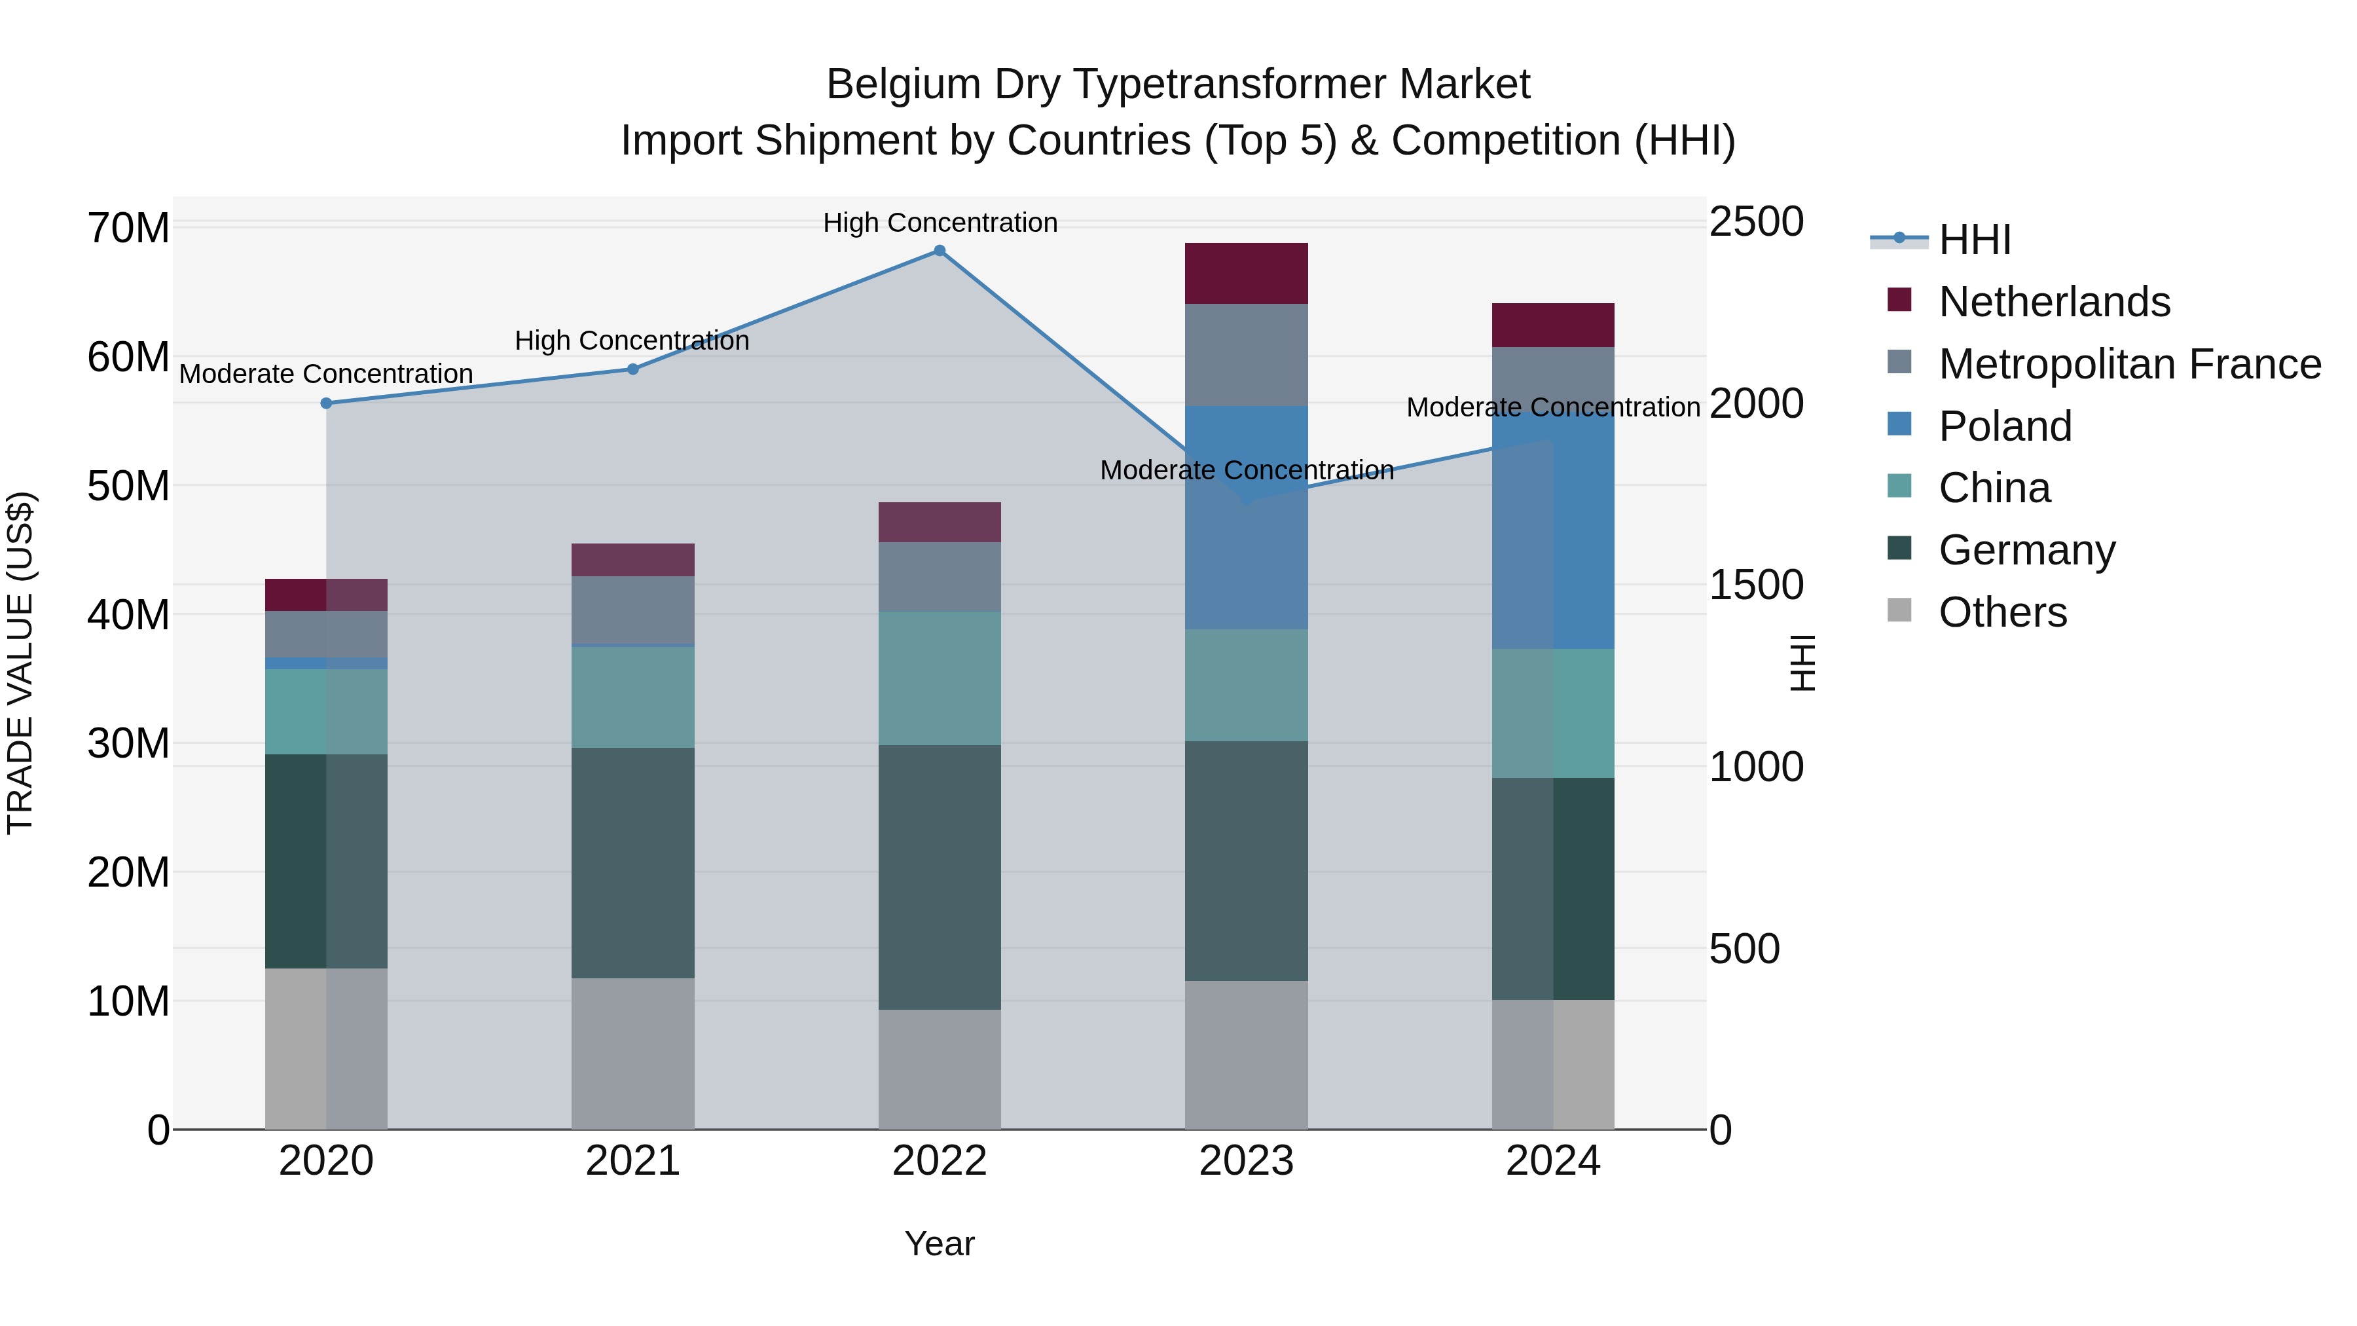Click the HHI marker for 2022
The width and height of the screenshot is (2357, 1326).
tap(939, 250)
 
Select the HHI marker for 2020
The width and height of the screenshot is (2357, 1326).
tap(326, 403)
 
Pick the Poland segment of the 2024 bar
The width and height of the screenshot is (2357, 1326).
tap(1553, 531)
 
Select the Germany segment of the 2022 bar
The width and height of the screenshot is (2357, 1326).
tap(939, 877)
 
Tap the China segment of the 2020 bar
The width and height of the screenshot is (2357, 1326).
tap(326, 711)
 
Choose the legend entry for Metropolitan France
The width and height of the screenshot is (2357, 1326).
tap(2129, 364)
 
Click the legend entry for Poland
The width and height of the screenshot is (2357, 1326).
tap(2004, 426)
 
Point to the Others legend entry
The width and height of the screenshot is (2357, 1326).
tap(2002, 612)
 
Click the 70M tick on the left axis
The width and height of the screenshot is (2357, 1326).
tap(128, 228)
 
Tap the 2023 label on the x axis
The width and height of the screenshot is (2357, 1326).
tap(1245, 1161)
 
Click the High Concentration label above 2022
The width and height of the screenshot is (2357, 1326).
tap(940, 223)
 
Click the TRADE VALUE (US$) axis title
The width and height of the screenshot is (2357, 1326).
tap(20, 663)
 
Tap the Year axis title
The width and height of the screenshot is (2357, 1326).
tap(939, 1243)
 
